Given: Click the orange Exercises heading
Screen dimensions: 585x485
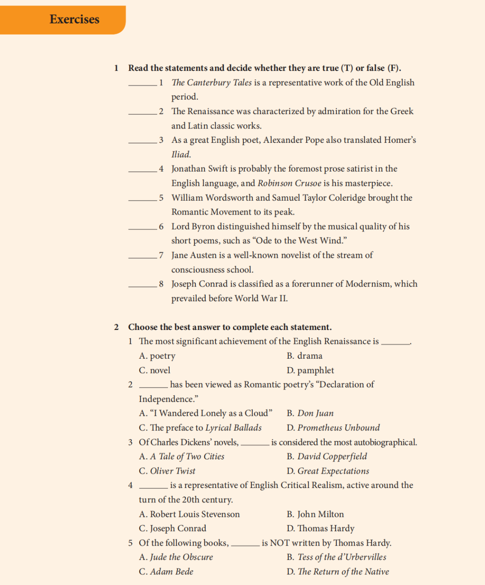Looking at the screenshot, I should pyautogui.click(x=75, y=19).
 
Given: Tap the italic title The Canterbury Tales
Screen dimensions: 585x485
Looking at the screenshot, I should pyautogui.click(x=212, y=83).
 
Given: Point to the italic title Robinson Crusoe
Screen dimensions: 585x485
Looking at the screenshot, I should pyautogui.click(x=289, y=183).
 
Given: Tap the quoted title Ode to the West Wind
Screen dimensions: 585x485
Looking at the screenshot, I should pyautogui.click(x=300, y=241).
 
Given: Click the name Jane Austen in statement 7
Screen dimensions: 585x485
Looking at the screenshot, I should pyautogui.click(x=194, y=255).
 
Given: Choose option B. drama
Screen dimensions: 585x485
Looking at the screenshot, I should pyautogui.click(x=304, y=356).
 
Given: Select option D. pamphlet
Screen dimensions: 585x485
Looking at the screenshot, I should pyautogui.click(x=310, y=370).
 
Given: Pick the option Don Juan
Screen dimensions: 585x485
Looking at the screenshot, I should pyautogui.click(x=315, y=413).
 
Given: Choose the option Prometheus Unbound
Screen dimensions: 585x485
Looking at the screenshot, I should pyautogui.click(x=338, y=428).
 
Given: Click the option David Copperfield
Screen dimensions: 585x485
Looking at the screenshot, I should pyautogui.click(x=332, y=457).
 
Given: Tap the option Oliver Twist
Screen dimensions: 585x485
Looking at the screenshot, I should pyautogui.click(x=172, y=471).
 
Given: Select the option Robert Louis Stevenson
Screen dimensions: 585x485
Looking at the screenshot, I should pyautogui.click(x=194, y=514).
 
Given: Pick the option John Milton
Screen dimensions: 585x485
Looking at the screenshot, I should pyautogui.click(x=320, y=514).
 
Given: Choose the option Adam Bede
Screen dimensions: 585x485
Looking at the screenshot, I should pyautogui.click(x=172, y=572).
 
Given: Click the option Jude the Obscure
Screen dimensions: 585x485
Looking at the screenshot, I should pyautogui.click(x=181, y=557).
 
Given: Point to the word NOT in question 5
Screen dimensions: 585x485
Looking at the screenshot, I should pyautogui.click(x=280, y=543).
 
